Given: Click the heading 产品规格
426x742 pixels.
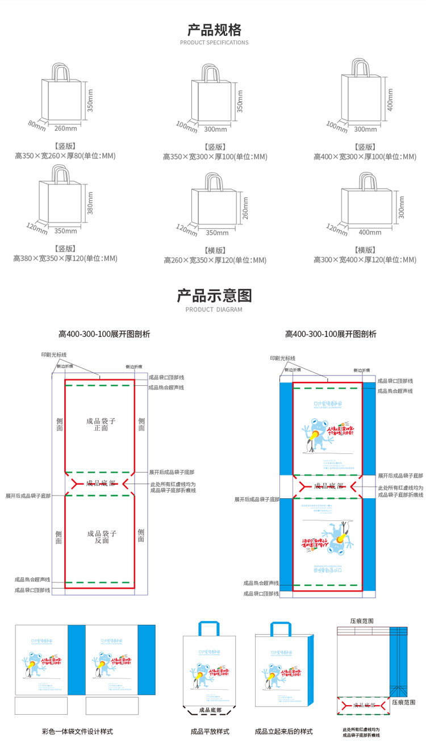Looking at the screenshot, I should click(x=214, y=30).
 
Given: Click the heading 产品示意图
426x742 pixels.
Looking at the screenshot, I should click(x=214, y=295).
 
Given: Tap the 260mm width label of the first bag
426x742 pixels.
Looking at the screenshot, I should click(x=65, y=127).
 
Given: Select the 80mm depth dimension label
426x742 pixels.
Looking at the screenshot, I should click(x=36, y=125).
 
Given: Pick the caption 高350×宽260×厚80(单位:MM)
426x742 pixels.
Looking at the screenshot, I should click(x=65, y=156).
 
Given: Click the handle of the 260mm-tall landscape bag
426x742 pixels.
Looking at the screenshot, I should click(x=214, y=182).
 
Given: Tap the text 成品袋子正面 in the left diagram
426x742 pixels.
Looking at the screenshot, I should click(x=101, y=424).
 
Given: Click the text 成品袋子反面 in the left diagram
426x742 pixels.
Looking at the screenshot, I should click(x=102, y=537).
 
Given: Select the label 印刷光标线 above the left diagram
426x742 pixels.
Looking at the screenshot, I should click(x=54, y=355).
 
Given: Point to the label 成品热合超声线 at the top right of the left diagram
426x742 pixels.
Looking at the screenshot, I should click(x=166, y=387).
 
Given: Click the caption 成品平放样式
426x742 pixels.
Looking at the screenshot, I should click(x=210, y=731).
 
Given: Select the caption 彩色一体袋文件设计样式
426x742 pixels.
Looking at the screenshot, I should click(x=77, y=731).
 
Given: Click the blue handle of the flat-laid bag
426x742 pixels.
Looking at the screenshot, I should click(x=210, y=628).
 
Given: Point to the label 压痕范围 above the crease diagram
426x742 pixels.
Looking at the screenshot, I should click(x=362, y=622).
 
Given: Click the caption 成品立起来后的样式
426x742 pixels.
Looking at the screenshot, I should click(x=283, y=731).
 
